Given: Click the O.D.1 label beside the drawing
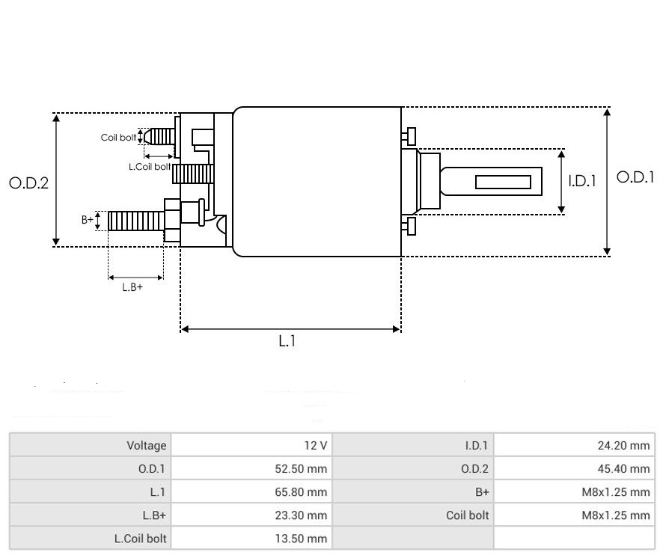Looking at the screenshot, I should [635, 177].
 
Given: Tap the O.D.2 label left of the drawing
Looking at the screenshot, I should [28, 183].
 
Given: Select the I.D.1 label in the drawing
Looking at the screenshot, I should [581, 181].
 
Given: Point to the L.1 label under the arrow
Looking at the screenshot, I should [288, 342].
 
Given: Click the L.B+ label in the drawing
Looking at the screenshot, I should [132, 286].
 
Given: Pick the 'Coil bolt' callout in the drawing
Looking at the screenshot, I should [118, 138].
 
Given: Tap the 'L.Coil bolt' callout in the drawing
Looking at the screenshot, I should [150, 167].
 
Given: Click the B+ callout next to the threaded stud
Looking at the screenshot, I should [88, 220].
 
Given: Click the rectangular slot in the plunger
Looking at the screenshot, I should [503, 182].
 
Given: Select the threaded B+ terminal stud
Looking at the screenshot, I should [135, 221].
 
